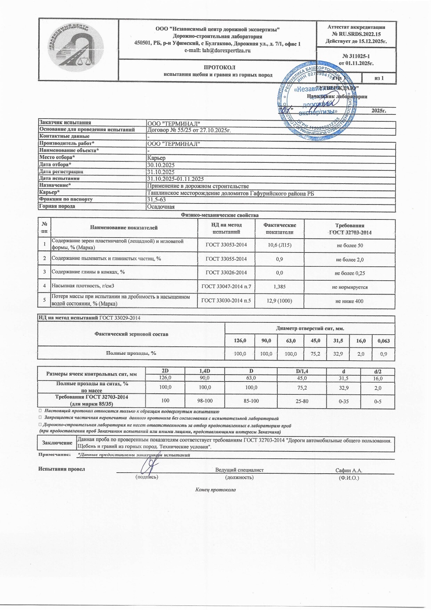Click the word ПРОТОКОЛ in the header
[218, 67]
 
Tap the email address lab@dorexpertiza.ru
[218, 50]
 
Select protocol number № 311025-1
[356, 56]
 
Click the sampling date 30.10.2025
[161, 165]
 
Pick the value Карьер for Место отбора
[156, 158]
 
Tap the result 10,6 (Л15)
[279, 245]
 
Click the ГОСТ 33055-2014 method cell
[226, 259]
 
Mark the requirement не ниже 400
[349, 301]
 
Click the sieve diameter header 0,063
[383, 341]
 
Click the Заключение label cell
[57, 443]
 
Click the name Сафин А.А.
[349, 470]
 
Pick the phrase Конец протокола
[215, 490]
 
